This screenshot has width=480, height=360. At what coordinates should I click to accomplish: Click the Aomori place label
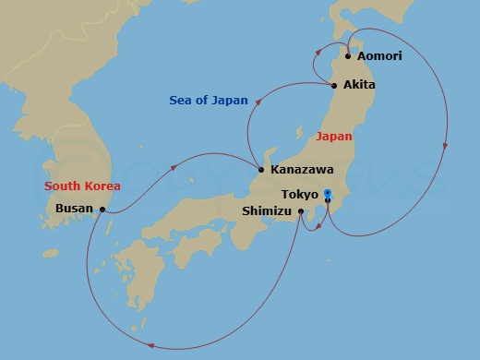click(380, 56)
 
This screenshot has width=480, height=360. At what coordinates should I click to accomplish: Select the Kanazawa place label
click(303, 171)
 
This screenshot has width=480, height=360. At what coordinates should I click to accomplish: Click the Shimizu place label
click(267, 211)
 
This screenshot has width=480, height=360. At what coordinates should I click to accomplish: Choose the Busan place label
click(74, 209)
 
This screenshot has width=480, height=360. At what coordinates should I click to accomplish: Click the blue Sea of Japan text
click(210, 100)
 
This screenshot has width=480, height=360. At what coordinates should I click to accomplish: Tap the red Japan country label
click(333, 137)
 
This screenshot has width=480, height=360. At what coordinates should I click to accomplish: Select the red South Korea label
click(82, 186)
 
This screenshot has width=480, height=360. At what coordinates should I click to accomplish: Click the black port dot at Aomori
click(348, 56)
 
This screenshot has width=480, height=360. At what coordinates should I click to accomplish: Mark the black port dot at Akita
click(334, 86)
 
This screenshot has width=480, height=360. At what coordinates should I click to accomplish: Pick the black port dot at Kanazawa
click(262, 170)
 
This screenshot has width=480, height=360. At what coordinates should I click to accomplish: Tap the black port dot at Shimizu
click(301, 211)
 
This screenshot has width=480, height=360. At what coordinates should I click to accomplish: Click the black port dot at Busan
click(102, 210)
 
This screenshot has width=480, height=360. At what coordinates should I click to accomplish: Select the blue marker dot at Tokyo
click(328, 194)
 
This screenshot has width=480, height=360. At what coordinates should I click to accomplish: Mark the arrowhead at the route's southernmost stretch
click(150, 346)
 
